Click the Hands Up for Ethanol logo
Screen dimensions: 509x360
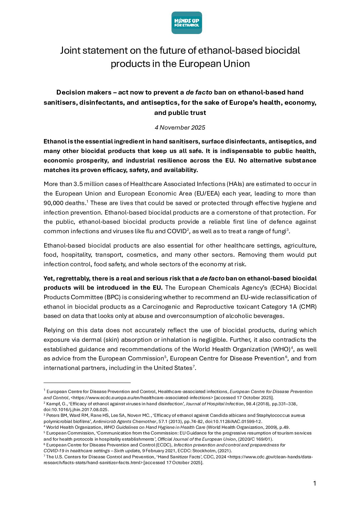click(x=186, y=23)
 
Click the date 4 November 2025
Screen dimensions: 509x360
click(x=180, y=128)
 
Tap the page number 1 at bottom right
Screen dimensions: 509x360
click(x=314, y=483)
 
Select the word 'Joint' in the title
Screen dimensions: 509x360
click(x=70, y=50)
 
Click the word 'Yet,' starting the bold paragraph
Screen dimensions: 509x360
click(x=49, y=278)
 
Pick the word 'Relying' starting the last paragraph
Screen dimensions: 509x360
click(x=54, y=330)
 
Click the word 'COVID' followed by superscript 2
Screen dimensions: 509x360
click(x=177, y=232)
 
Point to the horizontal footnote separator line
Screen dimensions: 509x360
click(x=87, y=383)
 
